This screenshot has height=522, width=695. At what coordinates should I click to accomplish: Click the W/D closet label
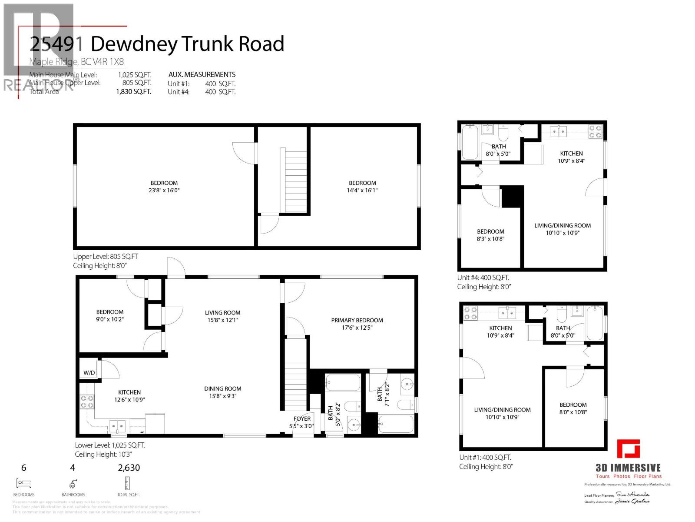(89, 373)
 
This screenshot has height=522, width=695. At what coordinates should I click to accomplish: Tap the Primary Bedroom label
(357, 320)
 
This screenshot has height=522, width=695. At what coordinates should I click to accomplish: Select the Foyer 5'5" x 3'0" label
(301, 422)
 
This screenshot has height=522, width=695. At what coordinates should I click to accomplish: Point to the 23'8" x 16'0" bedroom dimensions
(164, 190)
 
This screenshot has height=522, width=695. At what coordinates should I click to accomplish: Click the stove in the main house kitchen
(86, 402)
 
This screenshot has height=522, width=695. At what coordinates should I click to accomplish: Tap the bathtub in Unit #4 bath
(469, 142)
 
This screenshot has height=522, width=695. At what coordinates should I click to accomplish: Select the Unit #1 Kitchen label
(500, 328)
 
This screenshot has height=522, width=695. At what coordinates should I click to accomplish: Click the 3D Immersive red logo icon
(629, 449)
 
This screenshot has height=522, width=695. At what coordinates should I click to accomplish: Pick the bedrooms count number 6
(24, 468)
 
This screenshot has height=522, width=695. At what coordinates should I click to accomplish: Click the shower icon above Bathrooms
(73, 483)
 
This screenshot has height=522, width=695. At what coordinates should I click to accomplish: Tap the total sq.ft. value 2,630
(129, 468)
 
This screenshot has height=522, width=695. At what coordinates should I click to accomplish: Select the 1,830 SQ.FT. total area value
(133, 91)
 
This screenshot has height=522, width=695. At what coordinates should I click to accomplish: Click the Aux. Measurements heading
(202, 74)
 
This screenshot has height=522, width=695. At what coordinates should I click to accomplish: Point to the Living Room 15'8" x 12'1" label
(222, 316)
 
